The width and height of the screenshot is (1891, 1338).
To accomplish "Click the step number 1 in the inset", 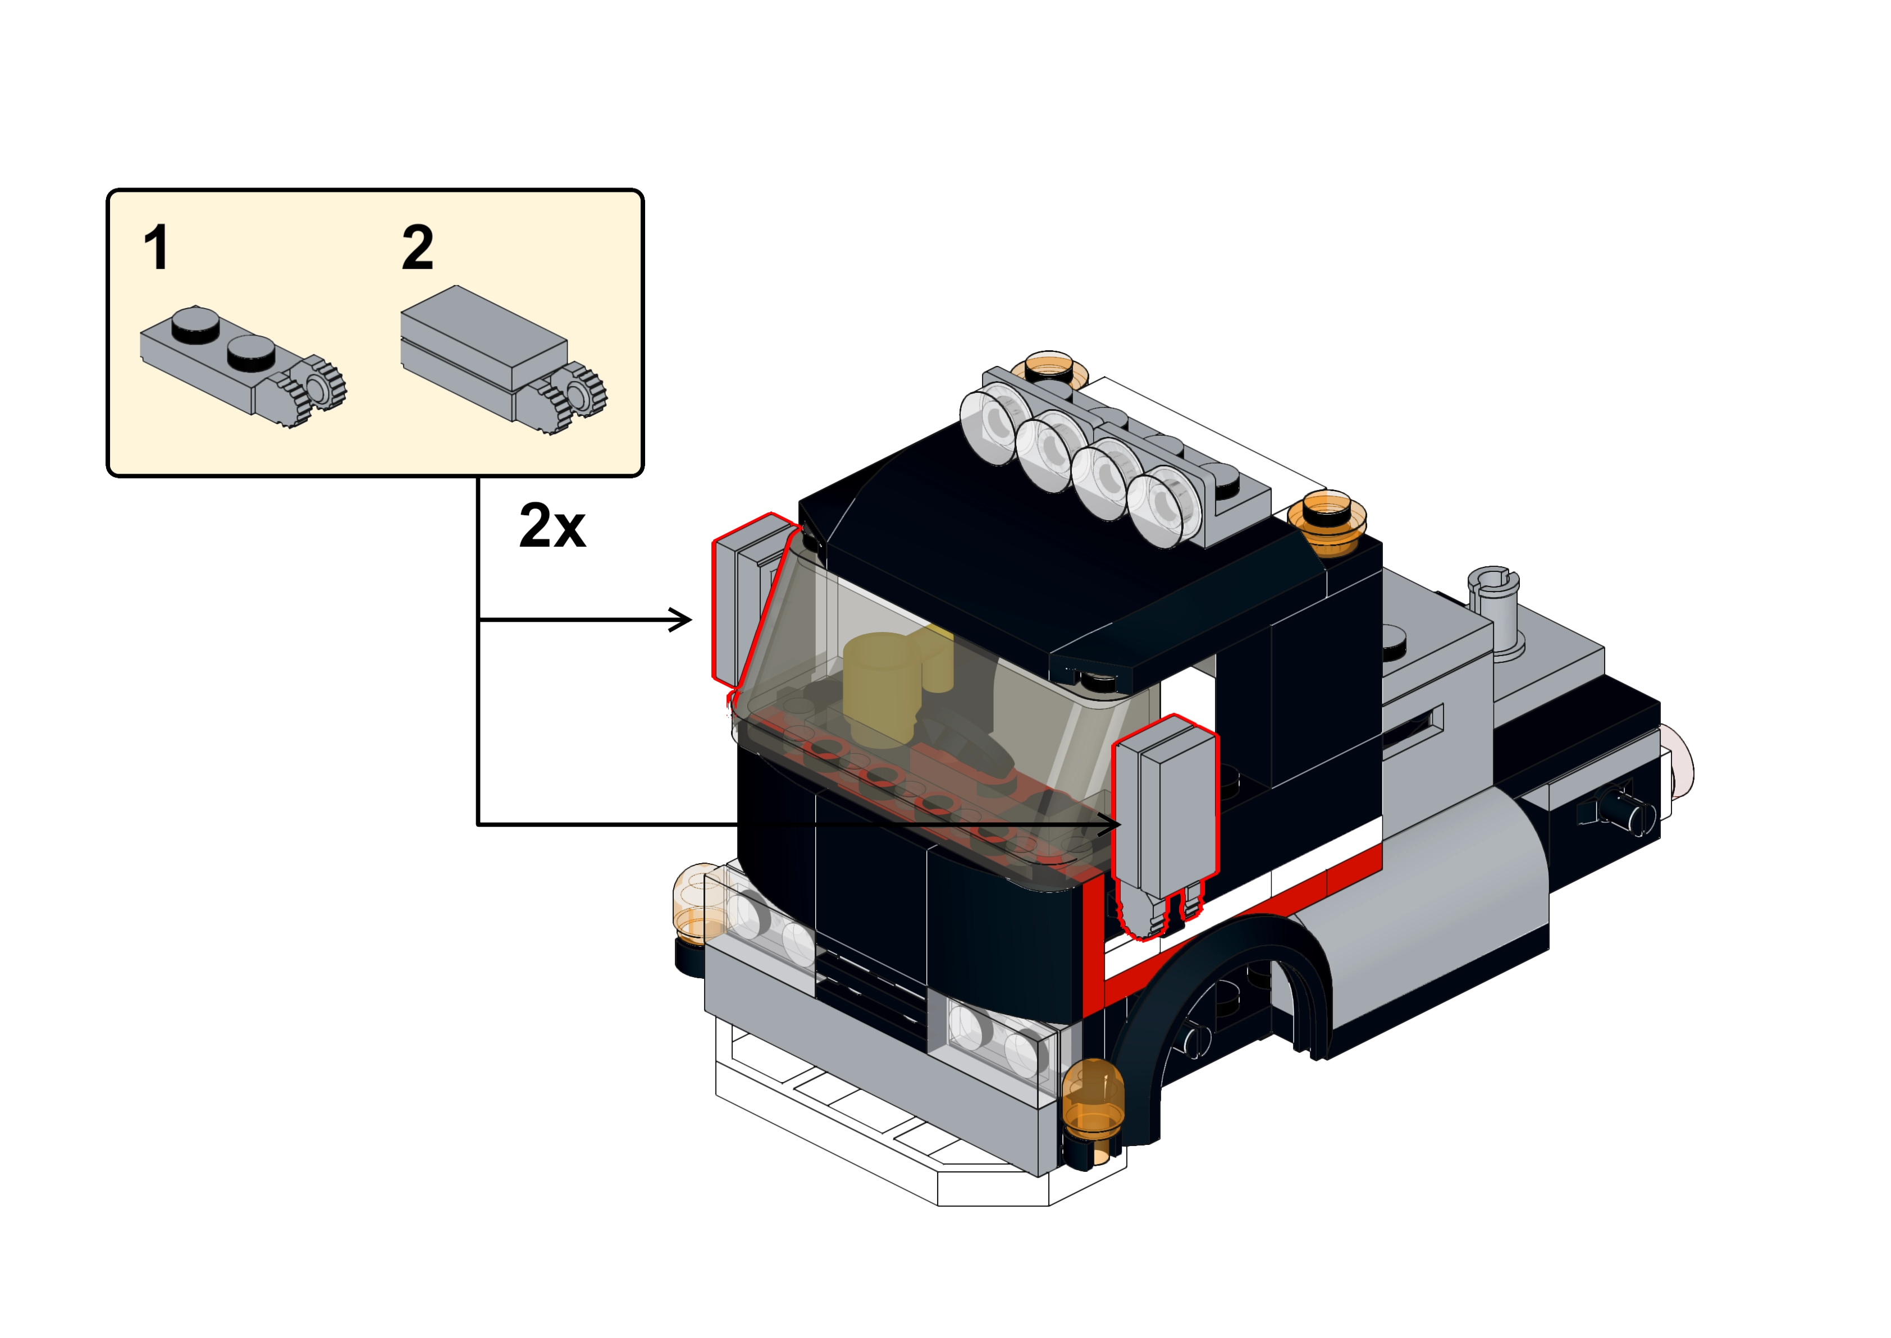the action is click(x=157, y=247).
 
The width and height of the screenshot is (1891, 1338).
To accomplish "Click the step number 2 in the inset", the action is click(x=418, y=247).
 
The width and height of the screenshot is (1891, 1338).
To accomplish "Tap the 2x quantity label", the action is click(x=552, y=526).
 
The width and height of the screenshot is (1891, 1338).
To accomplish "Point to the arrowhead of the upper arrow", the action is click(x=680, y=620).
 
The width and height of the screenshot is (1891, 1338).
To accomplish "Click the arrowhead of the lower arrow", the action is click(x=1108, y=824).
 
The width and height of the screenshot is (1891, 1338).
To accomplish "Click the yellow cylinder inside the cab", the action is click(x=881, y=688).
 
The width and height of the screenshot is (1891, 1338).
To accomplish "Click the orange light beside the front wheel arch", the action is click(x=1093, y=1100).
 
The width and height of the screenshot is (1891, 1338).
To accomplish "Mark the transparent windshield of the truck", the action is click(x=931, y=717).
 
